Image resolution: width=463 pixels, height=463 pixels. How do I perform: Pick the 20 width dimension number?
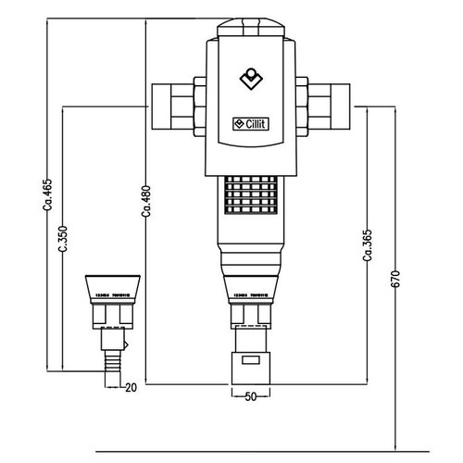coord(131,386)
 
